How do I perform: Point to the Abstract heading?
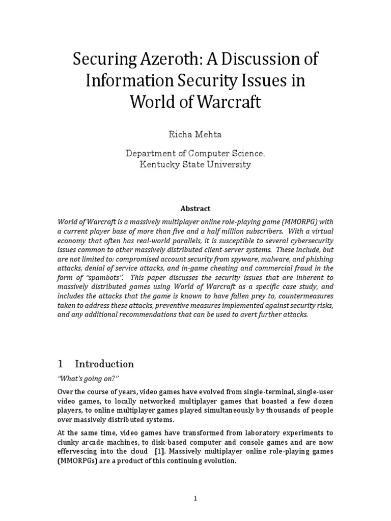pos(195,209)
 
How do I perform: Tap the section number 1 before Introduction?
pos(60,364)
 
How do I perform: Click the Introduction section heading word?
pos(104,364)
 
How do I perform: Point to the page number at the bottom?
pos(195,499)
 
